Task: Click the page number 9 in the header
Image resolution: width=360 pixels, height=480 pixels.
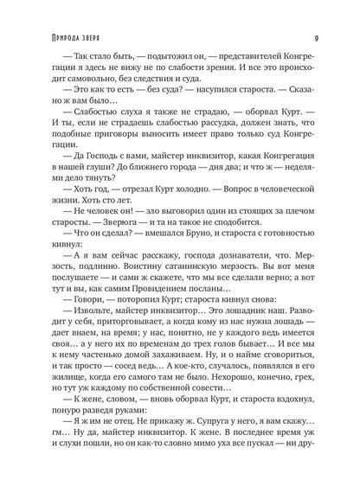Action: [x=319, y=13]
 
